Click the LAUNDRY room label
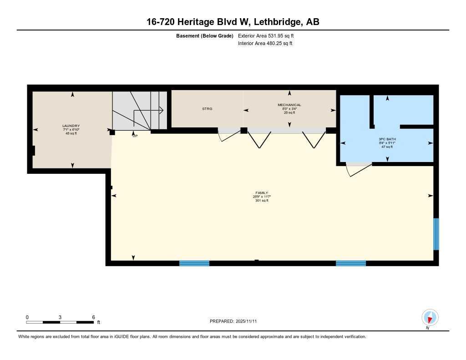pyautogui.click(x=71, y=126)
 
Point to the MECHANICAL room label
pyautogui.click(x=289, y=105)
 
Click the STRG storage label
pyautogui.click(x=207, y=109)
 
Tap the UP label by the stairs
pyautogui.click(x=135, y=136)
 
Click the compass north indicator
pyautogui.click(x=430, y=318)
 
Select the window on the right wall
pyautogui.click(x=436, y=234)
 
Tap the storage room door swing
pyautogui.click(x=229, y=135)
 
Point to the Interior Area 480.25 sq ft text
pyautogui.click(x=265, y=44)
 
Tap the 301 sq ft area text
pyautogui.click(x=262, y=201)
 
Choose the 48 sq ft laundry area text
pyautogui.click(x=71, y=133)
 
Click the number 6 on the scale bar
pyautogui.click(x=93, y=317)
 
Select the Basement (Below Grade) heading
pyautogui.click(x=205, y=36)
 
